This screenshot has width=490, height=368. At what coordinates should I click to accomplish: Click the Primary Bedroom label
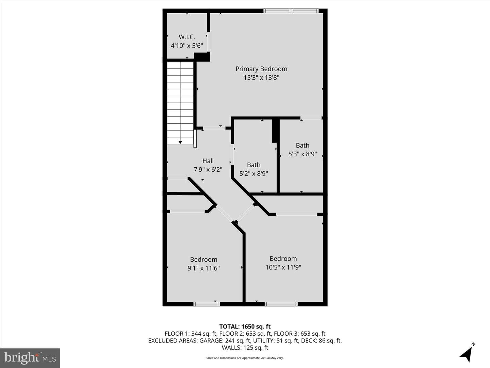(x=261, y=69)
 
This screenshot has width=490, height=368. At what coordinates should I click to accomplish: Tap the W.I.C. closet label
(x=187, y=37)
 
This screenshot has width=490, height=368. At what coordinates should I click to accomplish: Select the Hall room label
(x=208, y=161)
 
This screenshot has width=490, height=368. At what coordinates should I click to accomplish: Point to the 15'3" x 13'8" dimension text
(x=261, y=78)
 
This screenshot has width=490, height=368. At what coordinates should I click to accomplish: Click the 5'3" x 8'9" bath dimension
(x=303, y=154)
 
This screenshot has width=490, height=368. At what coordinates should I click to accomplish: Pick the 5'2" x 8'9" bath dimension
(x=254, y=174)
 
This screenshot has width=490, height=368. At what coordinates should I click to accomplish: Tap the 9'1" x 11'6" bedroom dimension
(x=203, y=268)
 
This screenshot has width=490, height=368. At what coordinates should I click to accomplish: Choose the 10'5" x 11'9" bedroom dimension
(x=283, y=267)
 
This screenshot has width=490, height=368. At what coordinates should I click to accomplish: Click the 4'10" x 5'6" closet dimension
(x=187, y=46)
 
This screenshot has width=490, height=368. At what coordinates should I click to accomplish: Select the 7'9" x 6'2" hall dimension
(x=208, y=170)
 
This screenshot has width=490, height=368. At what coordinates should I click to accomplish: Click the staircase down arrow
(x=180, y=142)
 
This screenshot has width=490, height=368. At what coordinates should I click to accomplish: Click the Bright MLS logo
(x=30, y=358)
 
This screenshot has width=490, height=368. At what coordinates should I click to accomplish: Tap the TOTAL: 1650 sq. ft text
(x=245, y=327)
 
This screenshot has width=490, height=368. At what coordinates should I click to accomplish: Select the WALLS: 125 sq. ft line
(x=245, y=348)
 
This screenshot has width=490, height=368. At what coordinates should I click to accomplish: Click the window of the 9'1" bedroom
(x=207, y=304)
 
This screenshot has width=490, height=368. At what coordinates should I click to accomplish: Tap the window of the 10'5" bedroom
(x=281, y=304)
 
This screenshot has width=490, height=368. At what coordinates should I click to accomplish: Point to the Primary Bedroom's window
(x=291, y=11)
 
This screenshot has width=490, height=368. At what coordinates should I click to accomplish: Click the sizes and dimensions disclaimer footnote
(x=245, y=358)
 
